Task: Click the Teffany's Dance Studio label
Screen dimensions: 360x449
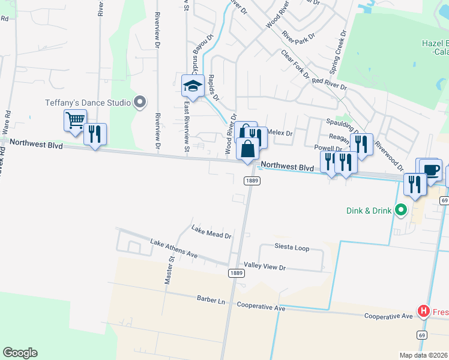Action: (88, 103)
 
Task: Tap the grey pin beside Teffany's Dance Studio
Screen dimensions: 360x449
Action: (140, 103)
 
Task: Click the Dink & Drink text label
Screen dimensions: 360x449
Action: (369, 211)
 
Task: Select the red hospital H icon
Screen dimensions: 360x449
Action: (424, 311)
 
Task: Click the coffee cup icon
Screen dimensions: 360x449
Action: (431, 169)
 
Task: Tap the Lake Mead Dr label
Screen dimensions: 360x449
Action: (211, 232)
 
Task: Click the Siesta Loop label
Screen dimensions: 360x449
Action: (292, 247)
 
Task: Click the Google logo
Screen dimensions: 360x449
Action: (20, 353)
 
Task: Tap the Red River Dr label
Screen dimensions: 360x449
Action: (330, 84)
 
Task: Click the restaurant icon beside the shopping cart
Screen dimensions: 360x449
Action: (95, 134)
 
